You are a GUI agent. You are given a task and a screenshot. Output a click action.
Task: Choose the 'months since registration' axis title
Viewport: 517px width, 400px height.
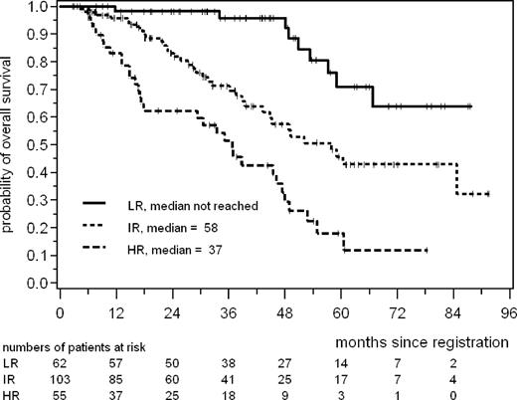point(422,340)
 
